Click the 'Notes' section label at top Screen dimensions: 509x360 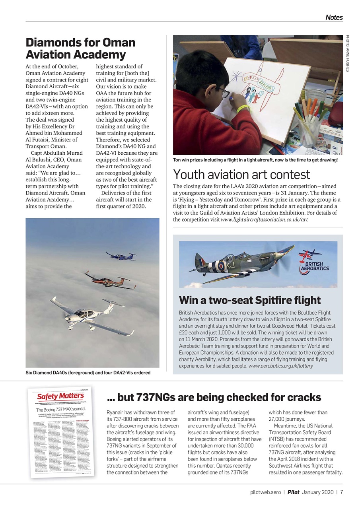click(334, 17)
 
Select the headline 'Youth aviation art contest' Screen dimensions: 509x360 click(241, 175)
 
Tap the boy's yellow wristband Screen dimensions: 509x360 click(243, 108)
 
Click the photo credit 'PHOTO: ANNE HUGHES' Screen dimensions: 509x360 click(347, 54)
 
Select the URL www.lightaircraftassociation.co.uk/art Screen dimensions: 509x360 click(264, 220)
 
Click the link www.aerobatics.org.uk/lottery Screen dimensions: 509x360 click(280, 366)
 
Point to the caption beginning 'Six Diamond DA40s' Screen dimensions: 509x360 click(88, 373)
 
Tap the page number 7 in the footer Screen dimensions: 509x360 click(341, 492)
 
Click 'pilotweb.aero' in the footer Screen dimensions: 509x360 click(267, 492)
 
